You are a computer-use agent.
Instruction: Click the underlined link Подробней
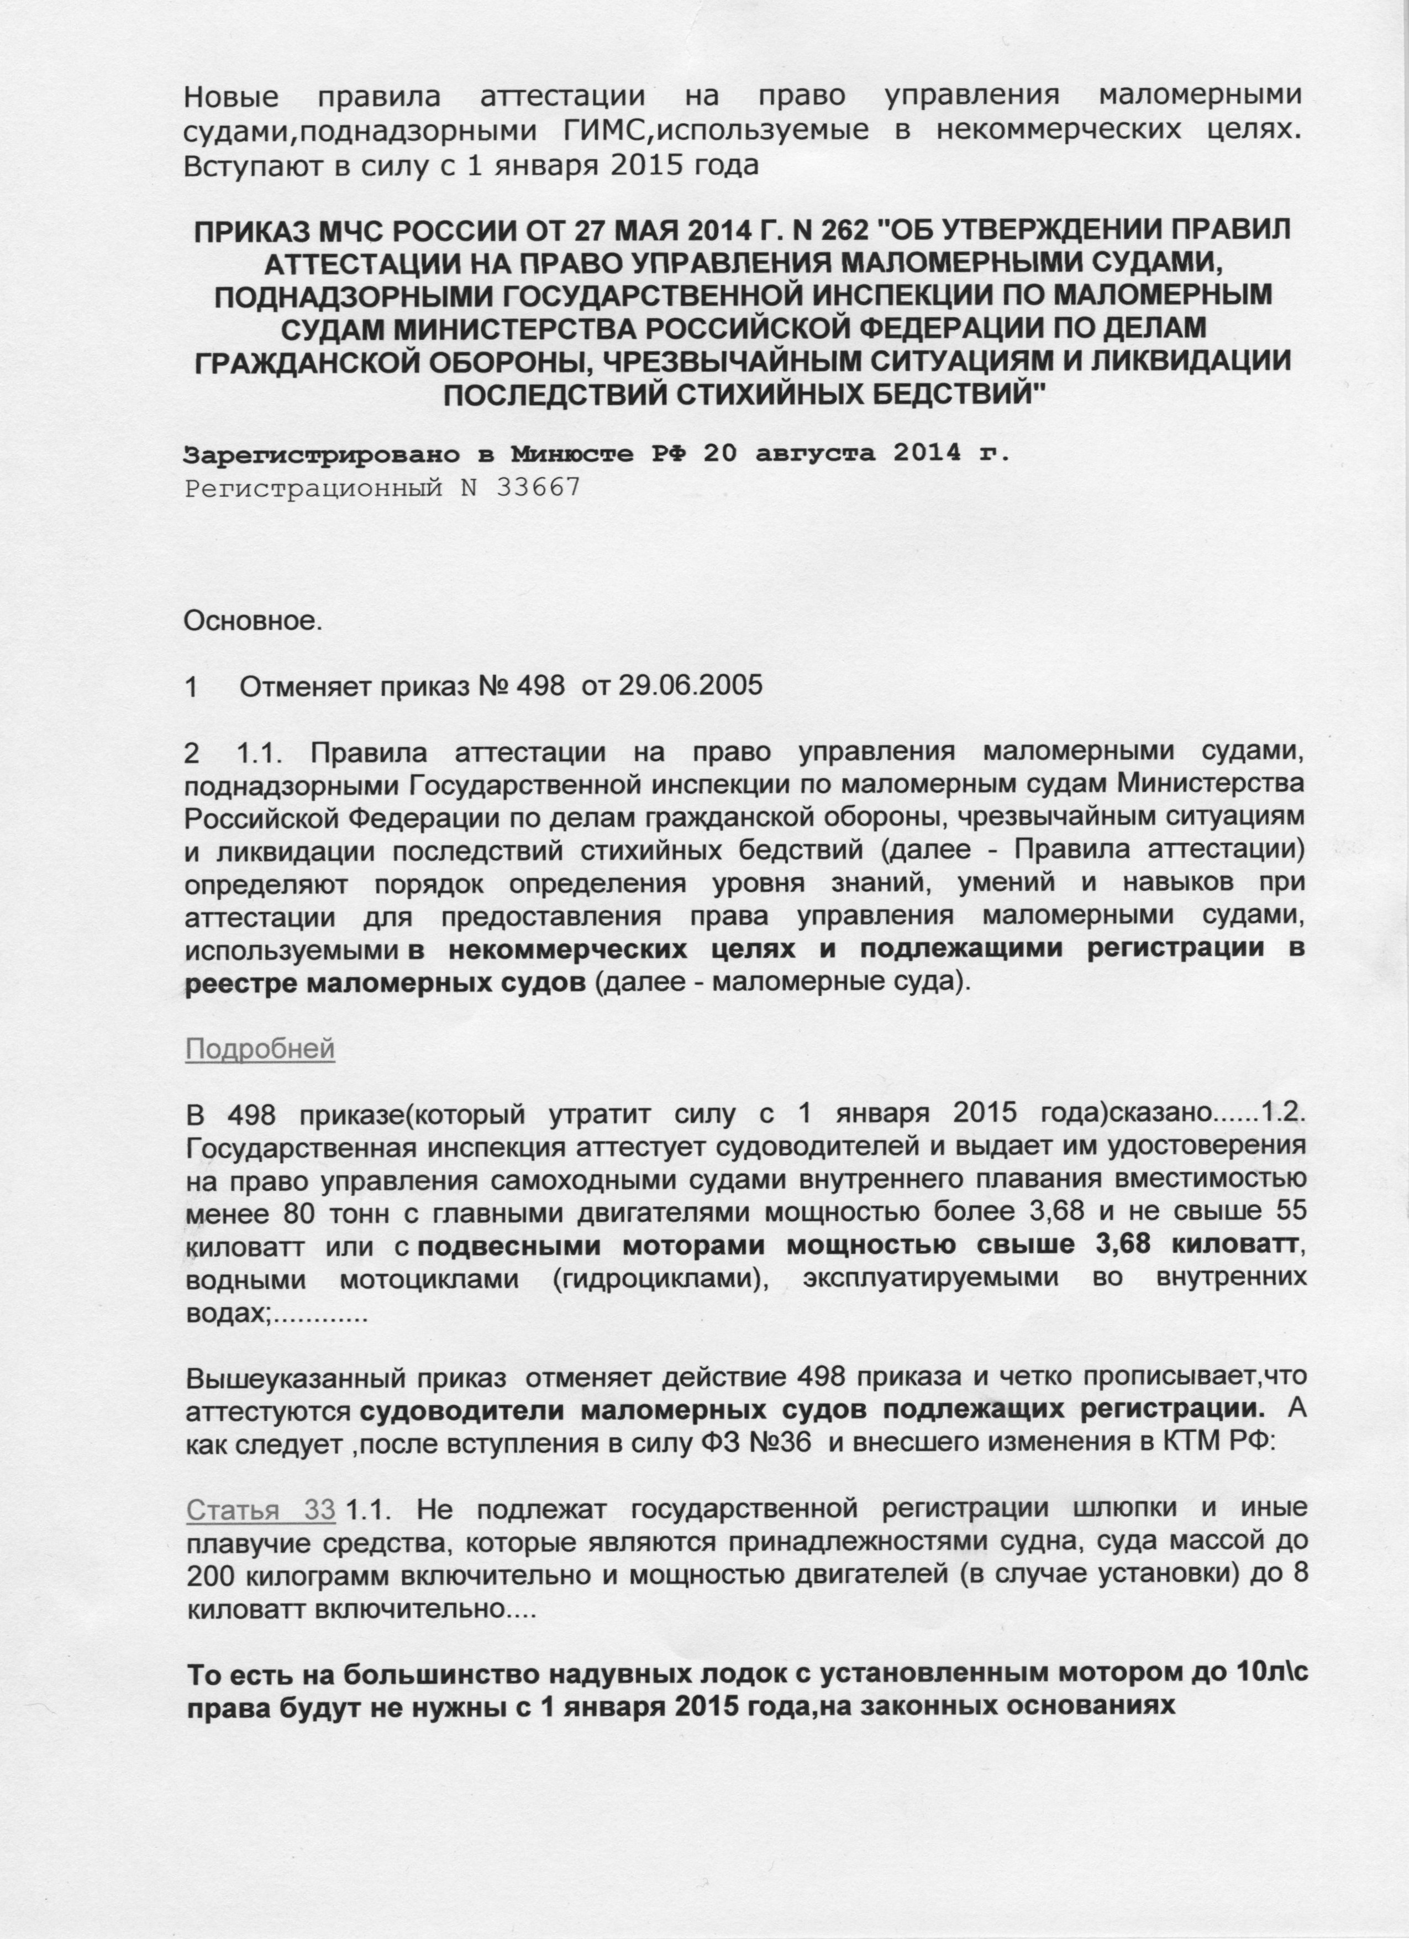[x=260, y=1049]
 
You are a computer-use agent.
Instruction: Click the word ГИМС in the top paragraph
[x=600, y=131]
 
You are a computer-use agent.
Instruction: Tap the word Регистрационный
[x=313, y=488]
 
